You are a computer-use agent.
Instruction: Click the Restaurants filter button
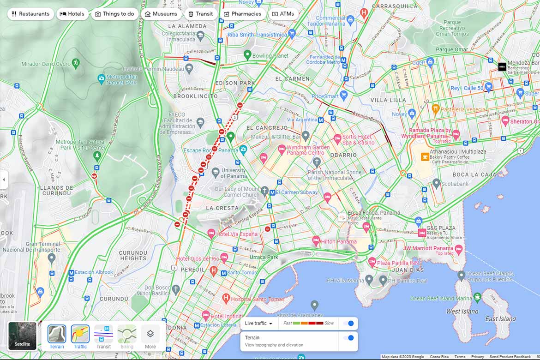point(30,14)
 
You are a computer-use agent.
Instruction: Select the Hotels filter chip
point(72,14)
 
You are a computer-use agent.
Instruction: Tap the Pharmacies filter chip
point(242,14)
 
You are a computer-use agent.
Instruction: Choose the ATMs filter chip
point(282,14)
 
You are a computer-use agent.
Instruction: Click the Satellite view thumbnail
point(22,336)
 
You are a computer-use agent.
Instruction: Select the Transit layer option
point(103,336)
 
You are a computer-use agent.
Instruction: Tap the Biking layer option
point(127,336)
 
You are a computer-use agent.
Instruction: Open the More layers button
point(150,336)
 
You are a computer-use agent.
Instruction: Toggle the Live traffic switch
point(349,324)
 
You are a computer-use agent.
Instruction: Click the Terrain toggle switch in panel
point(349,338)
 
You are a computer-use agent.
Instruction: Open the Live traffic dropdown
point(258,324)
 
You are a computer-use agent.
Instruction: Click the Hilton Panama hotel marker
point(316,241)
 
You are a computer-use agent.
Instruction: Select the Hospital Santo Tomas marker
point(226,298)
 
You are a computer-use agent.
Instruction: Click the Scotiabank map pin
point(437,184)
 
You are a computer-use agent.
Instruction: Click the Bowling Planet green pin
point(247,55)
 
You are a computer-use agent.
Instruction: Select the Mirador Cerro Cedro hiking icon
point(76,63)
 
